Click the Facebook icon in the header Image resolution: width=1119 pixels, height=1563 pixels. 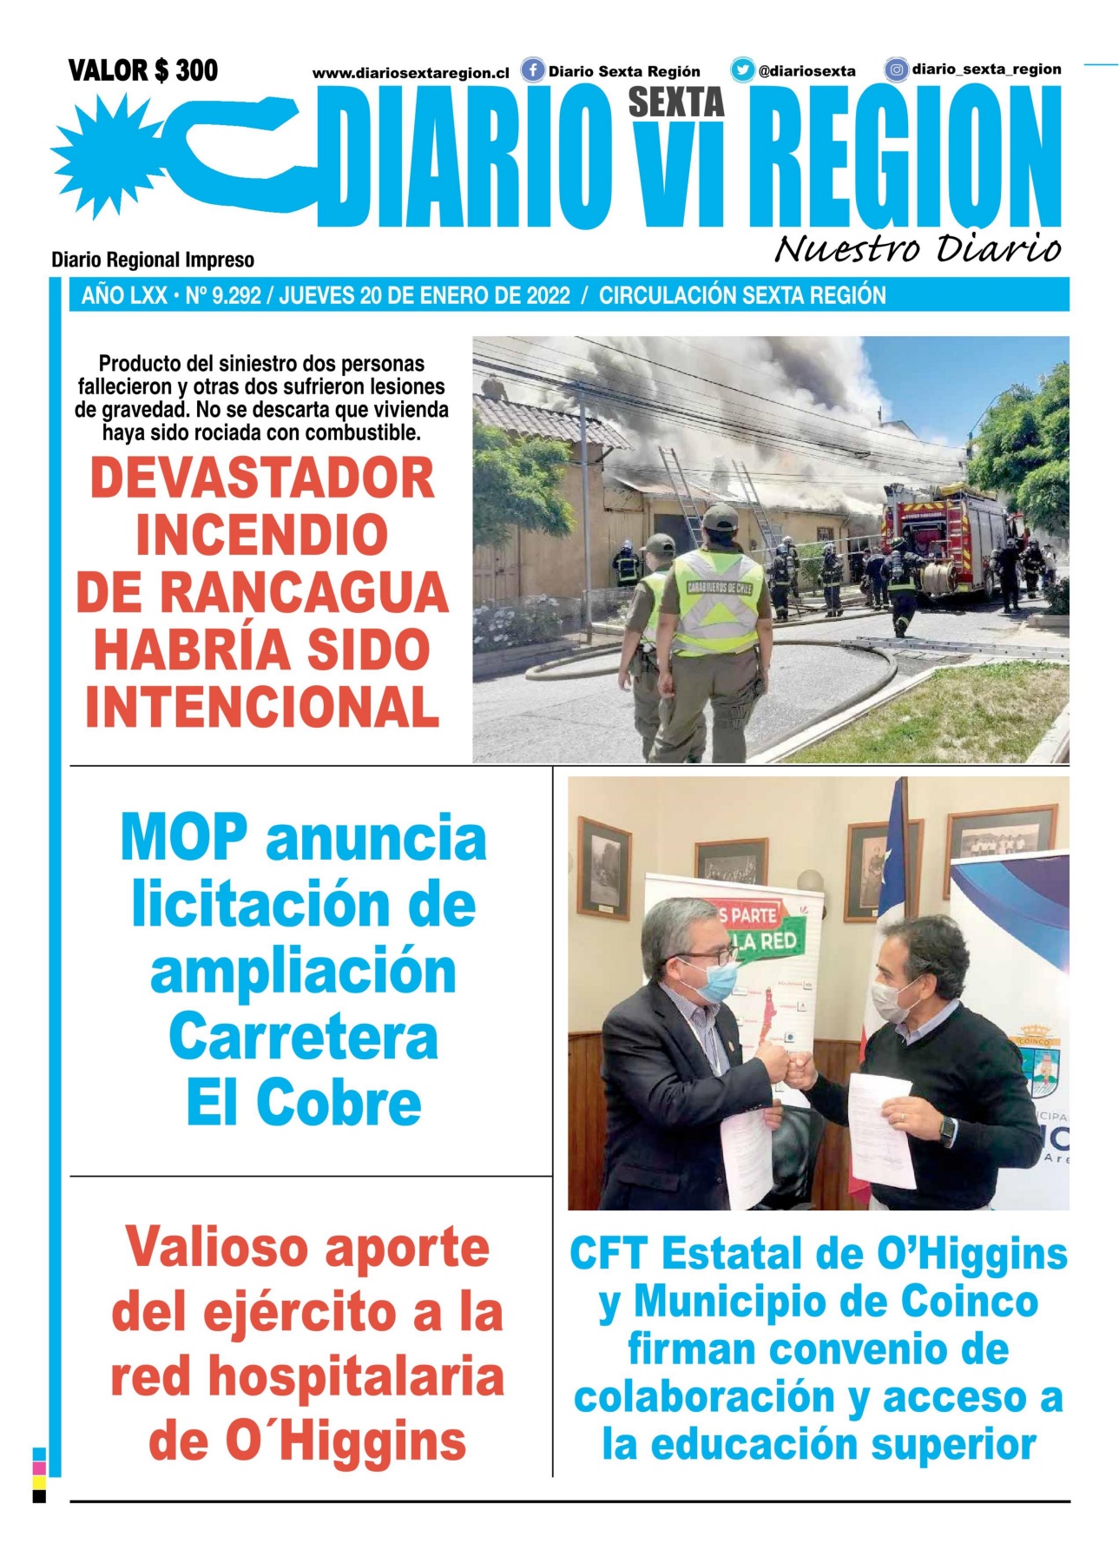[532, 70]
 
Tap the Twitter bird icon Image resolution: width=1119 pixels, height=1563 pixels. [742, 70]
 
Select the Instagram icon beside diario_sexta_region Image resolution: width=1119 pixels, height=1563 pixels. [896, 69]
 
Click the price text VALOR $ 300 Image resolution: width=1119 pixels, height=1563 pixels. [143, 70]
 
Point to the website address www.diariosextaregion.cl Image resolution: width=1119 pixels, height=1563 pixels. [411, 74]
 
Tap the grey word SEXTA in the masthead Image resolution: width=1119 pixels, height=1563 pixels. [675, 102]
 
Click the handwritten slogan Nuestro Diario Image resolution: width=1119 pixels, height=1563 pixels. [918, 249]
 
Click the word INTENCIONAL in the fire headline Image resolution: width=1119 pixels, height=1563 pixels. [262, 707]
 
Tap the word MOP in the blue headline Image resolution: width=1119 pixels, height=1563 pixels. [184, 838]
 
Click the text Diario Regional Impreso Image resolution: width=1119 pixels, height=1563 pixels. [153, 260]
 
